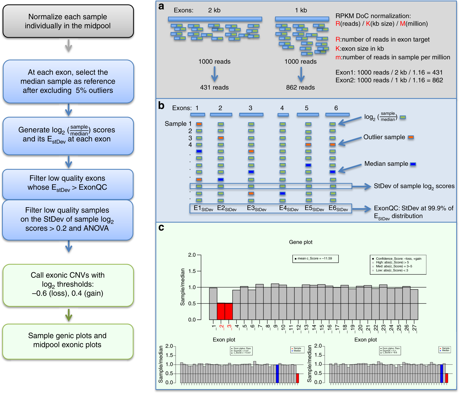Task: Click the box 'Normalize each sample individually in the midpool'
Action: pos(68,21)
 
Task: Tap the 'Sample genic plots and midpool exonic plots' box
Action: pos(68,340)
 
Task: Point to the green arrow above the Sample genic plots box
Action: pos(68,315)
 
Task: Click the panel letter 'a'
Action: pos(161,6)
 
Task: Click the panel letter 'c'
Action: pos(161,227)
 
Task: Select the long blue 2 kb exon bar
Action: pos(215,19)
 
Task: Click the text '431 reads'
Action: pos(214,88)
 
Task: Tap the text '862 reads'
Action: pos(300,88)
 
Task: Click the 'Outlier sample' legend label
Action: pos(384,137)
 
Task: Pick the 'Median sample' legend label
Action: pos(386,164)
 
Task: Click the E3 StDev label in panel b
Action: pos(256,208)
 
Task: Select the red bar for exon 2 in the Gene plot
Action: pos(221,311)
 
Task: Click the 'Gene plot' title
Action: pos(301,242)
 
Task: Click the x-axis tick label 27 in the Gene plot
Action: pos(415,328)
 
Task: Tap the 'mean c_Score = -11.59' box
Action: pos(315,258)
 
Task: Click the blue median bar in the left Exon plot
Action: pos(277,373)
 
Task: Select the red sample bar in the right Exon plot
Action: pos(447,378)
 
